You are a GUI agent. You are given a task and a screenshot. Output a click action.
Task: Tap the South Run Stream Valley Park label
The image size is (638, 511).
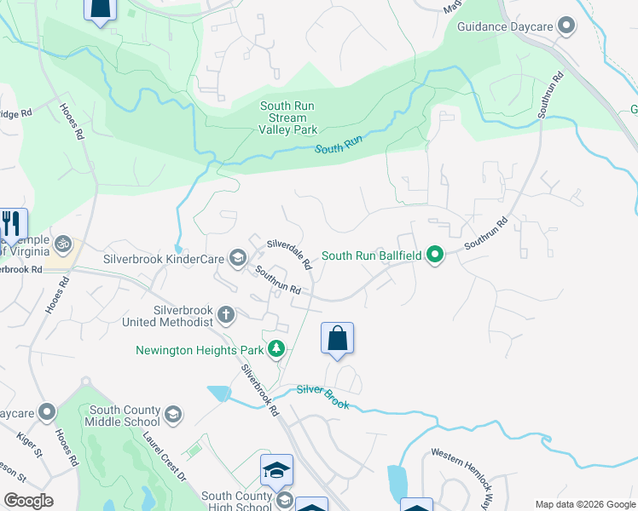[x=288, y=118]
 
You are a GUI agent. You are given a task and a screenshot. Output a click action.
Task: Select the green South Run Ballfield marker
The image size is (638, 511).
[x=435, y=255]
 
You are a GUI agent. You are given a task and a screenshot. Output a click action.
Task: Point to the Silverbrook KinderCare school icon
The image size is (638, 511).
[x=237, y=258]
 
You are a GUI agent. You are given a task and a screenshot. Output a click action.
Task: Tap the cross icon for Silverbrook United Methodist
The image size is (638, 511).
[x=226, y=315]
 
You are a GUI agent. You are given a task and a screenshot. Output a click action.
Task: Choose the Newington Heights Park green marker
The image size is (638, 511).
[x=275, y=349]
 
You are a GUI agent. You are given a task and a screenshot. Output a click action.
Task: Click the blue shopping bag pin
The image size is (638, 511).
[x=338, y=338]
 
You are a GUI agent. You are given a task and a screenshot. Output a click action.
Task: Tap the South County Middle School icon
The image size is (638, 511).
[x=173, y=415]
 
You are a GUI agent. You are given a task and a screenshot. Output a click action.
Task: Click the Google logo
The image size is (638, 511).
[x=28, y=501]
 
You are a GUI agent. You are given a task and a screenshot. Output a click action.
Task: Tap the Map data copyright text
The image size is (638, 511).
[x=584, y=504]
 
